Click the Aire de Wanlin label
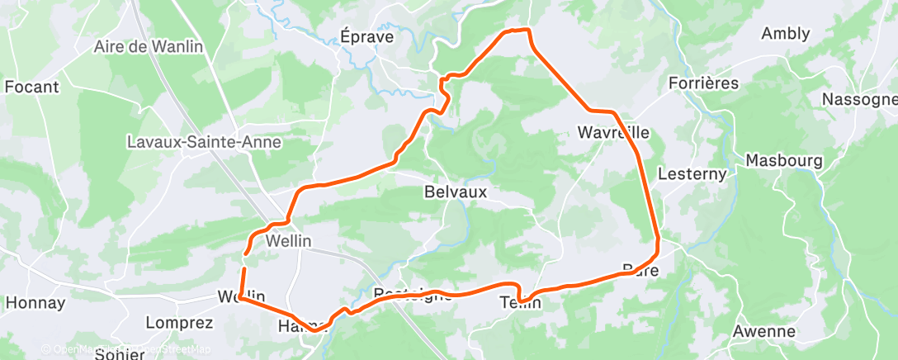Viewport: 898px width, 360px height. tap(149, 47)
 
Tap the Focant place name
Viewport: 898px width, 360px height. tap(31, 87)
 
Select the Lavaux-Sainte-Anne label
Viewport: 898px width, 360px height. tap(204, 142)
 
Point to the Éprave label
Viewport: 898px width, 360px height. tap(366, 37)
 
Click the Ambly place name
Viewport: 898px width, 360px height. tap(786, 34)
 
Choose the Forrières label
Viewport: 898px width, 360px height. tap(703, 83)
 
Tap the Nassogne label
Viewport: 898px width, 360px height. tap(859, 100)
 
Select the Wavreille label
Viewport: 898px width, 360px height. tap(613, 133)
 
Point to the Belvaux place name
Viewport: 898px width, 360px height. tap(455, 192)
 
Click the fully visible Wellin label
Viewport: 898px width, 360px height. tap(288, 243)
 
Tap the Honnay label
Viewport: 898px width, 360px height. tap(35, 303)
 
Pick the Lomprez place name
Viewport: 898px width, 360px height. tap(179, 322)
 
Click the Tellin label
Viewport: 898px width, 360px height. tap(521, 303)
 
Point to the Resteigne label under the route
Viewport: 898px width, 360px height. tap(413, 294)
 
